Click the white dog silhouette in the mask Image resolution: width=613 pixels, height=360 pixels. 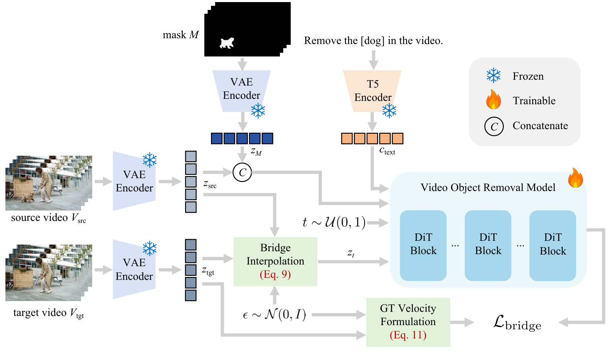point(227,43)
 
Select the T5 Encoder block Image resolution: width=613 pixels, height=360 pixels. point(373,91)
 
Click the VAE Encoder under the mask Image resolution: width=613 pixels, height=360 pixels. point(241,89)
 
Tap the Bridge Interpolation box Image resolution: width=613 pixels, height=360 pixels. point(275,261)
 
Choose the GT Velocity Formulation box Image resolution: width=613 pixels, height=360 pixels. point(408,322)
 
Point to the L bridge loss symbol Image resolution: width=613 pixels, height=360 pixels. point(517,323)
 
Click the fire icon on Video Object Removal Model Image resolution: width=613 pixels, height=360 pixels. point(575,178)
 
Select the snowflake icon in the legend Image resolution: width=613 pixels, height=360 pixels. point(493,76)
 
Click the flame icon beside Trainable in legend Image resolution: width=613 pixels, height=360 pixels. point(493,100)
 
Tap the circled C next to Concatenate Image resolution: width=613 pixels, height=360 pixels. point(494,126)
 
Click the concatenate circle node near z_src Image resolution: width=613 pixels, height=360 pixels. point(243,172)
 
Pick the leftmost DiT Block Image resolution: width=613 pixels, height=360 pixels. point(423,245)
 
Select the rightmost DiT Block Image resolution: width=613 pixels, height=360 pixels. point(552,245)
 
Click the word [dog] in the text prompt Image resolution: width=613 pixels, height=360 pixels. point(373,41)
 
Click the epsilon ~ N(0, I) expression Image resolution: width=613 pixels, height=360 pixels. point(274,315)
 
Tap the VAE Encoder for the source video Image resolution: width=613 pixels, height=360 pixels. point(134,181)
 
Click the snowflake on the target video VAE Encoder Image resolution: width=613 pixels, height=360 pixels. point(150,249)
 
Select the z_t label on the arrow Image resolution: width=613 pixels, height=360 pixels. point(351,253)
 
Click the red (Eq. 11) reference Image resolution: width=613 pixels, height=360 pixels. point(408,335)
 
